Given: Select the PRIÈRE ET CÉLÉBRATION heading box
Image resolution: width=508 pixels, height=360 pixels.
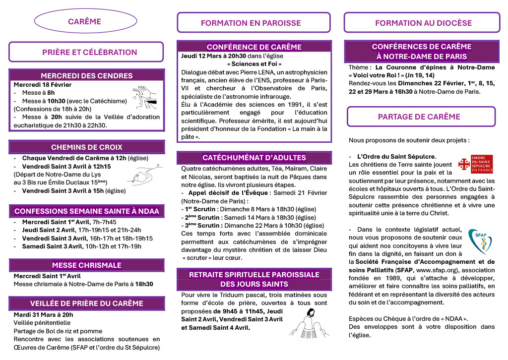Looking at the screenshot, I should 86,52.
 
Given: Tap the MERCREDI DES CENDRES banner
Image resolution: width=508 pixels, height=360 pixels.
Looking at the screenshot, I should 86,76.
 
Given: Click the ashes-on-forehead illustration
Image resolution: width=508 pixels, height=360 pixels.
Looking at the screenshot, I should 144,96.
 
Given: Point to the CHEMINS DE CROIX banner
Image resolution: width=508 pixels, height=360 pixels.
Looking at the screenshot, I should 86,147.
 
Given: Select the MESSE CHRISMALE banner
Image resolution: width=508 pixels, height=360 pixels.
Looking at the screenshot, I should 86,265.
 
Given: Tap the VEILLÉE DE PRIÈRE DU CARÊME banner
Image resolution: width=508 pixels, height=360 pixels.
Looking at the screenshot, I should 86,303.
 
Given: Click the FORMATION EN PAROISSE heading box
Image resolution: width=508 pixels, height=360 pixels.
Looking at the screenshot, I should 251,23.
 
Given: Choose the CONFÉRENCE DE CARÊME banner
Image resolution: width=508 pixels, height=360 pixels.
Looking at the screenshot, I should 254,47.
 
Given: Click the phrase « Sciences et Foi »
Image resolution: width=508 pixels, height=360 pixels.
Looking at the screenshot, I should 254,64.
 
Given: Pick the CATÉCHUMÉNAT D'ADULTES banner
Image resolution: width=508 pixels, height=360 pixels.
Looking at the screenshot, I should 254,158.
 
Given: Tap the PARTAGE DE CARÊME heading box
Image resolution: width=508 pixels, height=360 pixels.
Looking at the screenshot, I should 419,117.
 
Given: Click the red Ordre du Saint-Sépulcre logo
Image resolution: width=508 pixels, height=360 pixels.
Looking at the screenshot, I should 475,164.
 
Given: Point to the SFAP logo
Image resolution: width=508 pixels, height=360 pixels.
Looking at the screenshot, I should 480,241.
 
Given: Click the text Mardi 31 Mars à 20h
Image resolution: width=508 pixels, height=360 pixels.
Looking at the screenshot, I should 43,314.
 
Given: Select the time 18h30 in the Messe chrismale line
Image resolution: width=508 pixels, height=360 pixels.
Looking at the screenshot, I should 144,284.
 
